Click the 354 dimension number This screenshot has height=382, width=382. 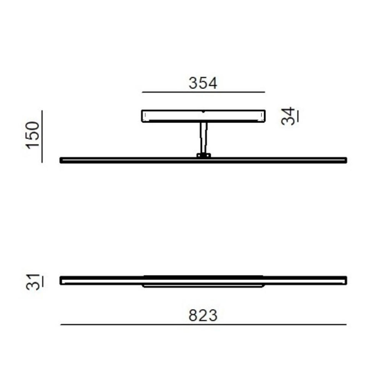click(x=203, y=83)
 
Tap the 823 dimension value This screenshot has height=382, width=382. click(x=203, y=315)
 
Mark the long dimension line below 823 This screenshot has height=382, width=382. click(x=203, y=324)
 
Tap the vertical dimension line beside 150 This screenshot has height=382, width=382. click(x=42, y=135)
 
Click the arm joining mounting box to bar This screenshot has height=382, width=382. click(x=203, y=138)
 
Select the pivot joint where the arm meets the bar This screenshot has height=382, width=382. click(x=203, y=156)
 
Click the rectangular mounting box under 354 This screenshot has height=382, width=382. click(x=203, y=116)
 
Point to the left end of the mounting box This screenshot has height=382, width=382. click(x=142, y=116)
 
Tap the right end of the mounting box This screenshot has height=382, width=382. click(x=264, y=116)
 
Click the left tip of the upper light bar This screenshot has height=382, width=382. click(x=62, y=160)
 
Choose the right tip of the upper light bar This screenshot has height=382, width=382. click(x=344, y=160)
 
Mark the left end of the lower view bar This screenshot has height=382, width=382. click(x=62, y=281)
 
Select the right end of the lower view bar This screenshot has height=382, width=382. click(x=344, y=281)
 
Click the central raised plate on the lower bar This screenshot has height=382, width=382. click(x=203, y=285)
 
